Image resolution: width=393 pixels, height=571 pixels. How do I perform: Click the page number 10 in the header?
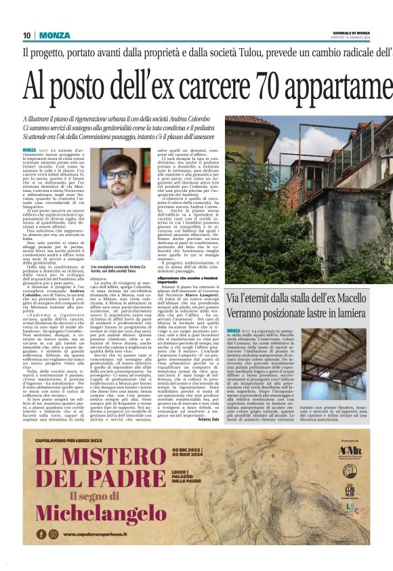[x=26, y=35]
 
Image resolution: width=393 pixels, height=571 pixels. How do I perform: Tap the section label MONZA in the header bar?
[x=54, y=35]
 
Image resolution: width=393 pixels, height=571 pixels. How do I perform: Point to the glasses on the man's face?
[x=119, y=174]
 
